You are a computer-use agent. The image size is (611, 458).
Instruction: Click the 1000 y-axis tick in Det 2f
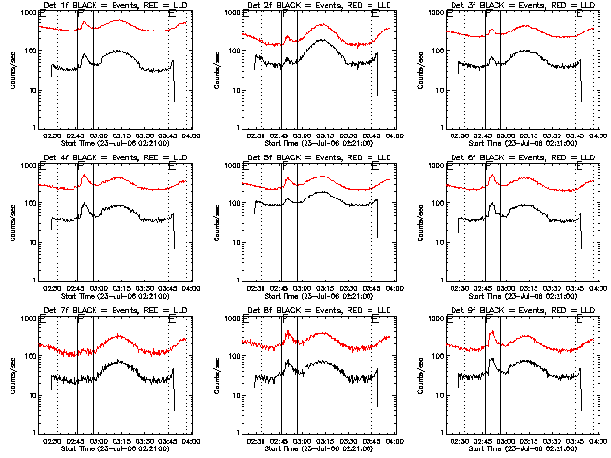pyautogui.click(x=230, y=13)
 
